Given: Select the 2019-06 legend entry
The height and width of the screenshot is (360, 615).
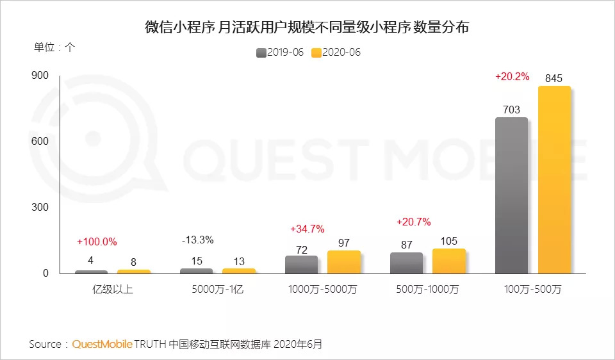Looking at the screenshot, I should pyautogui.click(x=280, y=53).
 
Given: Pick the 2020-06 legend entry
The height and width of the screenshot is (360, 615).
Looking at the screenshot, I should pyautogui.click(x=336, y=53).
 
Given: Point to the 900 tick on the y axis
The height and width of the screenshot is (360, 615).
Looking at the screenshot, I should pyautogui.click(x=40, y=76).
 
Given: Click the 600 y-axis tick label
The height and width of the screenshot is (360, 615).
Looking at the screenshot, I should pyautogui.click(x=40, y=142).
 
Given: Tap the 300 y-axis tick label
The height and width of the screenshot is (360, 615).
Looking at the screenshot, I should pyautogui.click(x=40, y=208).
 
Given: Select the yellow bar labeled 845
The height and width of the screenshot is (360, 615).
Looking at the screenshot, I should pyautogui.click(x=554, y=179).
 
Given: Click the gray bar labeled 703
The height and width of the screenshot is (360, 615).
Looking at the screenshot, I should pyautogui.click(x=511, y=195).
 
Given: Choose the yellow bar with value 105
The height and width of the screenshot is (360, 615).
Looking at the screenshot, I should pyautogui.click(x=448, y=261).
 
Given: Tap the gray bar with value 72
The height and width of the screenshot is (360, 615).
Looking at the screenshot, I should pyautogui.click(x=301, y=265).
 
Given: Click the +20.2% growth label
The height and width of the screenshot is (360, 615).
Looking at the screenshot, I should pyautogui.click(x=512, y=76).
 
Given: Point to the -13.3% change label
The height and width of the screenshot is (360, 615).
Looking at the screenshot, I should pyautogui.click(x=197, y=240).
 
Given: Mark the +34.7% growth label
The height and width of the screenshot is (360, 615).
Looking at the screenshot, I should pyautogui.click(x=307, y=229).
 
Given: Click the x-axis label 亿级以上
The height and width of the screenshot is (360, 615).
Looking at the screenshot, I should pyautogui.click(x=112, y=290).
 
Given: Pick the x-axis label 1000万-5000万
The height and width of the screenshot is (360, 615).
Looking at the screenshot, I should pyautogui.click(x=323, y=290).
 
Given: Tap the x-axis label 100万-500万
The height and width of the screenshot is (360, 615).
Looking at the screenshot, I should pyautogui.click(x=532, y=290).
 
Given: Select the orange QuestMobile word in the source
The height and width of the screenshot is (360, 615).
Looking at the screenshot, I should pyautogui.click(x=102, y=345).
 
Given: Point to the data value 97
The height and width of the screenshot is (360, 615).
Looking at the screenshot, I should pyautogui.click(x=343, y=242).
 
